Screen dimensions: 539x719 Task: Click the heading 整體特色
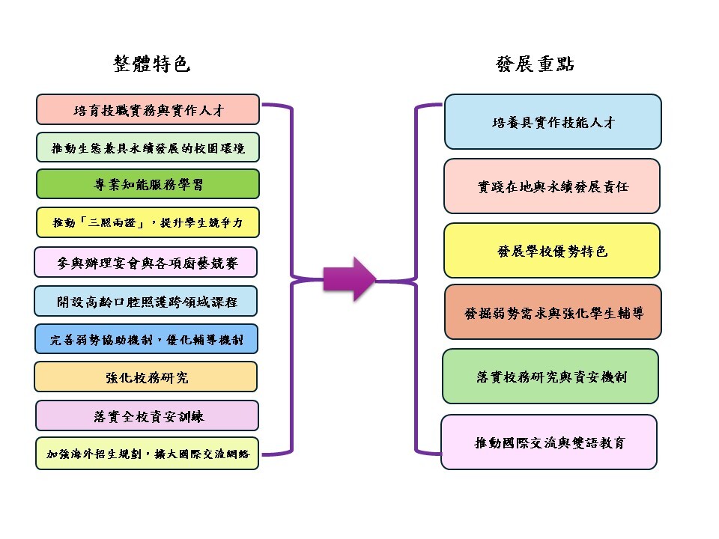click(152, 64)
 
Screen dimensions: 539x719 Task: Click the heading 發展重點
click(535, 64)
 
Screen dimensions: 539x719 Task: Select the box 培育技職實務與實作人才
click(148, 109)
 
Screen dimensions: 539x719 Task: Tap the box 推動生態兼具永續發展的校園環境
click(148, 147)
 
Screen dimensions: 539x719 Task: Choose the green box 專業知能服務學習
click(148, 184)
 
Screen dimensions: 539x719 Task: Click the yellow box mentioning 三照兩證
click(148, 223)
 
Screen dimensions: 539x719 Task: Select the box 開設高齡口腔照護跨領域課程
click(146, 302)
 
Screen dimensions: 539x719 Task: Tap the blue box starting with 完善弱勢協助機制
click(146, 339)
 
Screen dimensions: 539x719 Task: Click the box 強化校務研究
click(146, 377)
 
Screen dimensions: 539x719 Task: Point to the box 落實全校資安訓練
click(147, 415)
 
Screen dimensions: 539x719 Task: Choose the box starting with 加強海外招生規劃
click(147, 454)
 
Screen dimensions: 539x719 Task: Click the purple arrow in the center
click(348, 279)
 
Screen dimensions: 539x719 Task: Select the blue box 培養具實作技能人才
click(553, 122)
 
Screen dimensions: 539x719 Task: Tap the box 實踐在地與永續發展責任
click(552, 186)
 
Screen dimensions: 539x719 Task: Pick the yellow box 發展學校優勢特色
click(552, 251)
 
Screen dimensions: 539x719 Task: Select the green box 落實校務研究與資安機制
click(550, 377)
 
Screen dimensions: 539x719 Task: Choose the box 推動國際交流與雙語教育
click(549, 442)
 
